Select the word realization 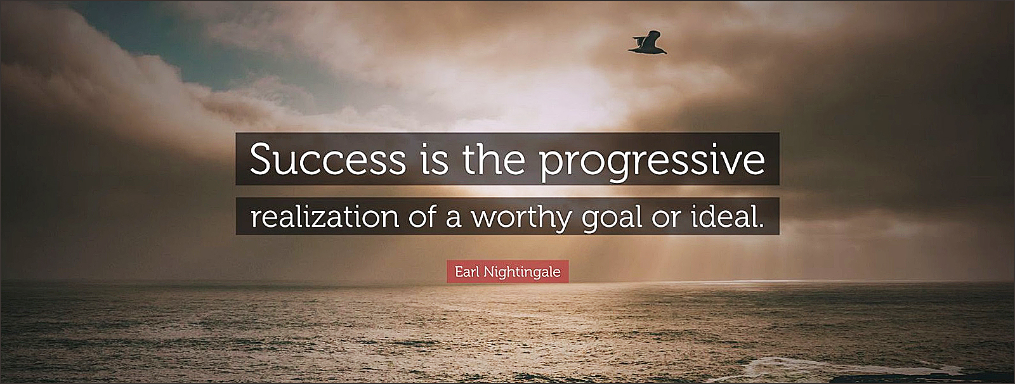324,217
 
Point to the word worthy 521,219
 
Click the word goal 612,219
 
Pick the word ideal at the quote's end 721,216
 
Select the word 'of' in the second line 422,216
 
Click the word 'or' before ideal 667,219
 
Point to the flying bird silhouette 648,43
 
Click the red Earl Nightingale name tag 507,272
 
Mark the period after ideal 761,226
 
